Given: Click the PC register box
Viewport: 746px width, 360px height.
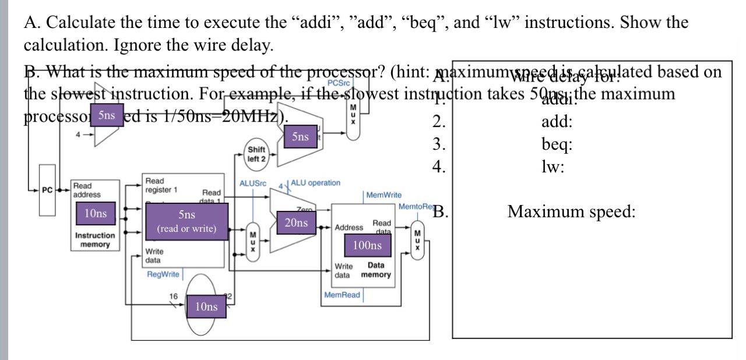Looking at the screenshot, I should click(x=47, y=190).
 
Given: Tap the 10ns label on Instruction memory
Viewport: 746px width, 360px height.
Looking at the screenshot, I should click(x=96, y=214).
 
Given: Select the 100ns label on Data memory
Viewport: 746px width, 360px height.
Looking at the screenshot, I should click(x=367, y=245).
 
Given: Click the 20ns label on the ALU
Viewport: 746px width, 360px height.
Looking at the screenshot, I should click(x=296, y=223).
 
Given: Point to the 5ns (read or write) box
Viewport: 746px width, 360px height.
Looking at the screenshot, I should click(x=186, y=221).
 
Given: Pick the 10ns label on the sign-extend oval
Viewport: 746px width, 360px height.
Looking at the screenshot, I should click(x=206, y=306).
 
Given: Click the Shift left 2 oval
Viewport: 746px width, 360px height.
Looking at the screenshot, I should click(x=256, y=154).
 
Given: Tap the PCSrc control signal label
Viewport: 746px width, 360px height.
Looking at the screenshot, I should click(x=339, y=83).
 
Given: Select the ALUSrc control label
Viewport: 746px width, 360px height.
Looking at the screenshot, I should click(x=253, y=183).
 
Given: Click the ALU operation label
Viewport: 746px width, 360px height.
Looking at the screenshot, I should click(x=315, y=183).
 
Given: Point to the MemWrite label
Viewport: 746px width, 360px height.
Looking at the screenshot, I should click(x=383, y=195).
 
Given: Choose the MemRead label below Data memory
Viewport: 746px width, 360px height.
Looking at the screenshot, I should click(x=342, y=295).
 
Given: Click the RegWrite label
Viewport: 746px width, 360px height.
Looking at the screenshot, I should click(x=163, y=274).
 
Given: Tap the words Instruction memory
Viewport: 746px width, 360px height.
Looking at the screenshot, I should click(x=95, y=240).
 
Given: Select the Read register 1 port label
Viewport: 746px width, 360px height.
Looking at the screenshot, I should click(x=161, y=185).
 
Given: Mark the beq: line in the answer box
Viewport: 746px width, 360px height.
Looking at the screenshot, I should click(x=557, y=144).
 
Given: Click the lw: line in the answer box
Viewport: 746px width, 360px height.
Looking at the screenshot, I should click(x=553, y=167).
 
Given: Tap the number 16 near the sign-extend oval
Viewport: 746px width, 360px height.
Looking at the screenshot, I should click(x=173, y=297).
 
